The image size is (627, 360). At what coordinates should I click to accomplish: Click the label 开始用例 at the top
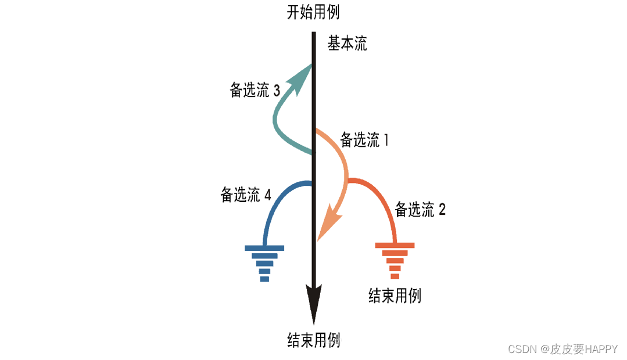(x=313, y=13)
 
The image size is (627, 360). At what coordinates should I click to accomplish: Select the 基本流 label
(x=347, y=44)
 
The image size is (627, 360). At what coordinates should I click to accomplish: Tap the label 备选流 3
(x=255, y=90)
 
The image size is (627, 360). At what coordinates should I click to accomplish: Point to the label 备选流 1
(x=364, y=140)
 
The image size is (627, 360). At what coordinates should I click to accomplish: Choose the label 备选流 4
(x=246, y=195)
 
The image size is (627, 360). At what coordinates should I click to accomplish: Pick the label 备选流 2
(x=420, y=209)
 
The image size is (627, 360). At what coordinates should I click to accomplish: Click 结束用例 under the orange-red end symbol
(x=395, y=296)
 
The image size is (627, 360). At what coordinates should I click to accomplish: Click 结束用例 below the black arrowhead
(x=313, y=340)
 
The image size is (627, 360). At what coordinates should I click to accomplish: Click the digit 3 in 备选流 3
(x=276, y=91)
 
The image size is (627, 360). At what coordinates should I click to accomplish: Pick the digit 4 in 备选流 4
(x=267, y=195)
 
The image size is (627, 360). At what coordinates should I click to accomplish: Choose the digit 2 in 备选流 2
(x=442, y=210)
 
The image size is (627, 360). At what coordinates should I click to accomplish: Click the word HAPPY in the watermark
(x=601, y=348)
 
